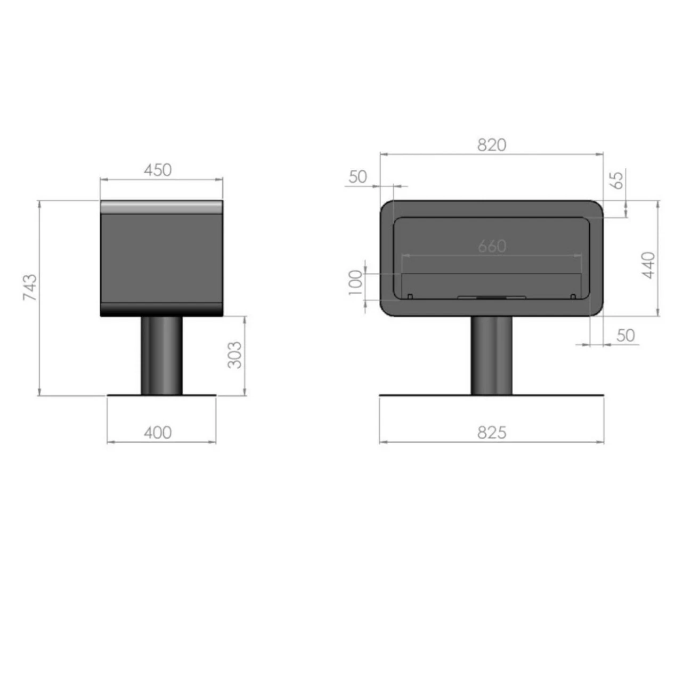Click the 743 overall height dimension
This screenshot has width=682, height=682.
coord(30,287)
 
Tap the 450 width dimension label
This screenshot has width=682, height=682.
coord(158,170)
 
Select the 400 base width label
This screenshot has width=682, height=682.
coord(158,433)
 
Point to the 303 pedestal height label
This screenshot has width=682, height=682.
coord(234,355)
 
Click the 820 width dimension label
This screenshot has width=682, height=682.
coord(492,145)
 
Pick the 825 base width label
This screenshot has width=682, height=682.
coord(492,433)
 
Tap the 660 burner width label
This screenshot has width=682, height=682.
coord(492,246)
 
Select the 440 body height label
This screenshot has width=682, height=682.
coord(648,265)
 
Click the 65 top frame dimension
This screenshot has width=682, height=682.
coord(617,181)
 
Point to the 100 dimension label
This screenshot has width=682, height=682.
coord(356,282)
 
